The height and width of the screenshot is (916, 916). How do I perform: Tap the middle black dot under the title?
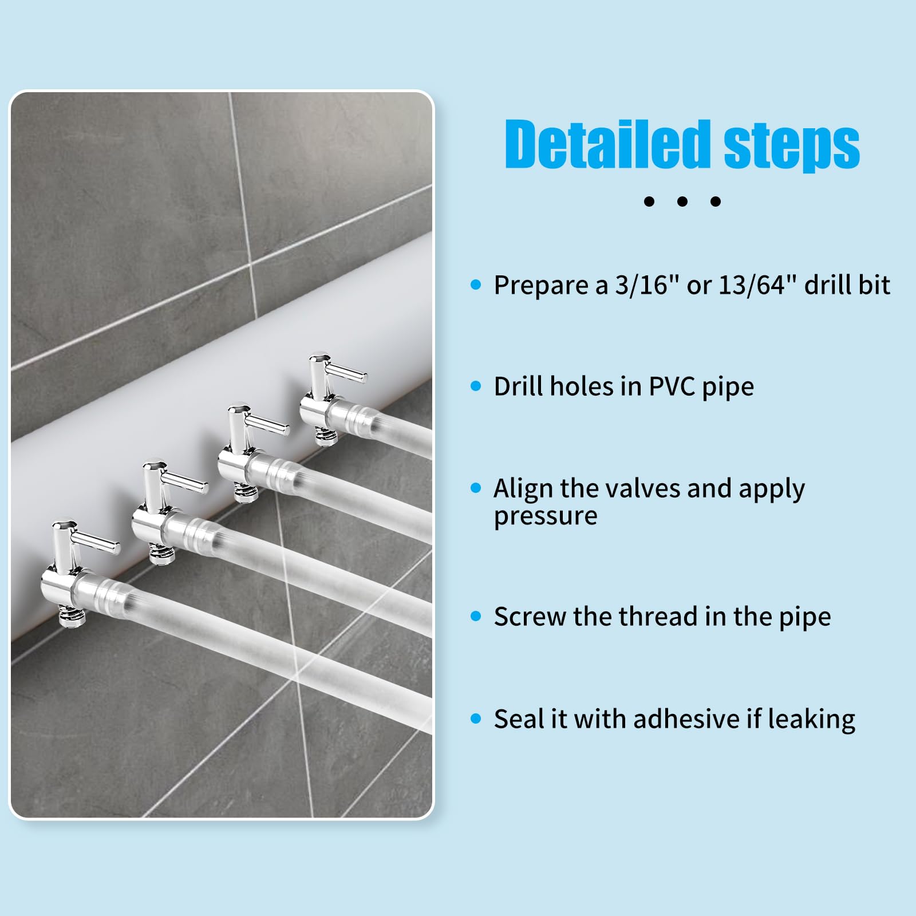682,201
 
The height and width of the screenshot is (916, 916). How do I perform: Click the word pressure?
545,516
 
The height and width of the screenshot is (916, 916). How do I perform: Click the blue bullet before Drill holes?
476,386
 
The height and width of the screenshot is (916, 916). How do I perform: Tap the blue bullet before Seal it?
476,718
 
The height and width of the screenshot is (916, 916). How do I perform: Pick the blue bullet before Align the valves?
476,488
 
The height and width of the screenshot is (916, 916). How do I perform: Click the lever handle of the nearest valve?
97,541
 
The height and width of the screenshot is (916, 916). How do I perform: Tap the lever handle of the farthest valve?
346,374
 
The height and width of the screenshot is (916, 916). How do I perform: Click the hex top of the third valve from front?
238,410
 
